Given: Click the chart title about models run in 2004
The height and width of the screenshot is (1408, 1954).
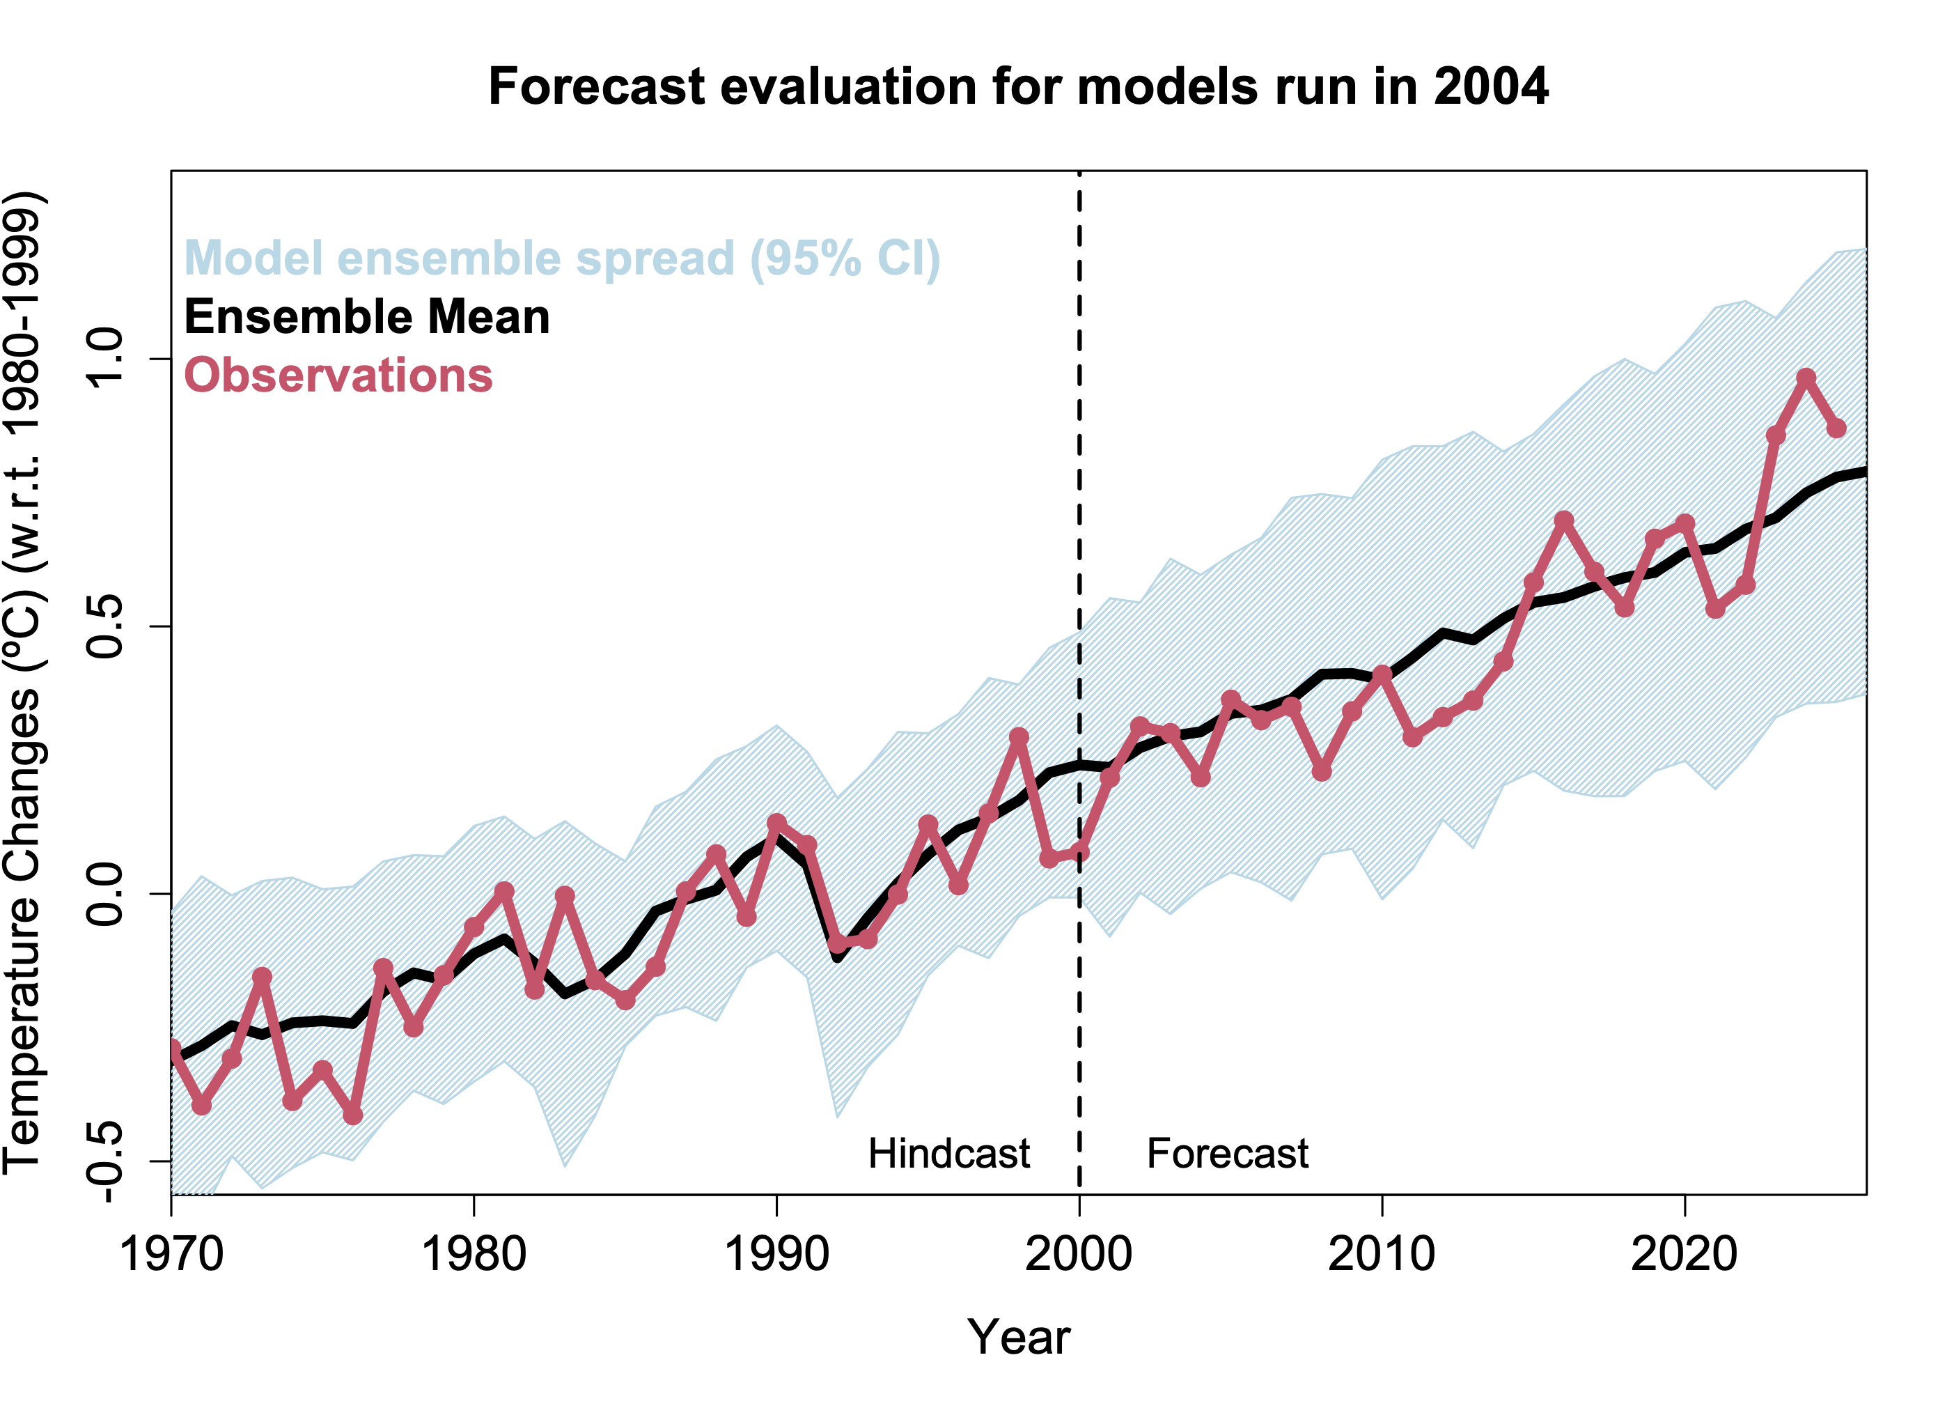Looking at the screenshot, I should click(x=1017, y=87).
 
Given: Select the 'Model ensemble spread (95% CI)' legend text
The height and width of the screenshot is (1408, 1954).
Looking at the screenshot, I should click(x=562, y=258).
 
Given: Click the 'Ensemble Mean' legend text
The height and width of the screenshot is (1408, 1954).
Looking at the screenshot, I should click(x=367, y=317).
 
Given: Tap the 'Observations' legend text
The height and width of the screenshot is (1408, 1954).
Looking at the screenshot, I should click(x=338, y=376).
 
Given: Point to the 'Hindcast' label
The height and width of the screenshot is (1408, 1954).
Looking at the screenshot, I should click(x=948, y=1154).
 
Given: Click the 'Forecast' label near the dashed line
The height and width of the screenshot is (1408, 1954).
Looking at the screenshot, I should click(x=1227, y=1154).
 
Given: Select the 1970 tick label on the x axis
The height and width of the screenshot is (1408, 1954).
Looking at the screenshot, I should click(x=171, y=1255).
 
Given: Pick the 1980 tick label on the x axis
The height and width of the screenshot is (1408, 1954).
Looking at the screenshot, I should click(x=474, y=1255).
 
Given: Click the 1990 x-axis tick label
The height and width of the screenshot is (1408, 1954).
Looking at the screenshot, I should click(x=776, y=1255).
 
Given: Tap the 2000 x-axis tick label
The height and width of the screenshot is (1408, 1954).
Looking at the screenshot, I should click(x=1079, y=1255).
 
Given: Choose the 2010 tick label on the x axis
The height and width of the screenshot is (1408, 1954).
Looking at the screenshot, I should click(x=1382, y=1255).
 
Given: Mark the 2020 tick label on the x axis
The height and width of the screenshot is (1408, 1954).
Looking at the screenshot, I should click(x=1685, y=1255).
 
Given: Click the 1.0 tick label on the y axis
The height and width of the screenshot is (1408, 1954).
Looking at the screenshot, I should click(x=107, y=359).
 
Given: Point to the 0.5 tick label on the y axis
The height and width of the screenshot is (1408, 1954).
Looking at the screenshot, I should click(x=107, y=626).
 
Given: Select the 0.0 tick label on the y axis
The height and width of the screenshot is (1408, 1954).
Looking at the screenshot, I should click(x=107, y=894).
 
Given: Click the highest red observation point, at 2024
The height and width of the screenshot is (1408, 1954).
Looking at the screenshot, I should click(x=1806, y=378).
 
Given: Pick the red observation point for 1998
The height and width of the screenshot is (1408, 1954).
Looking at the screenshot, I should click(x=1018, y=738).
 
